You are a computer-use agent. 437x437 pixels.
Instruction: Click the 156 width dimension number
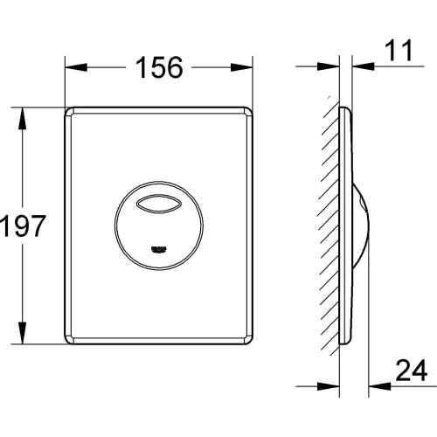[x=159, y=67]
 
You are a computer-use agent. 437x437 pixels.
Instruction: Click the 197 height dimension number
[x=23, y=225]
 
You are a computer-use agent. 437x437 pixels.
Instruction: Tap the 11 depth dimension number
[x=399, y=51]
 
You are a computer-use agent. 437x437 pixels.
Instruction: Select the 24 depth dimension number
[x=412, y=371]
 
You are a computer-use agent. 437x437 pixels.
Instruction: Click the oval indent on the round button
[x=159, y=203]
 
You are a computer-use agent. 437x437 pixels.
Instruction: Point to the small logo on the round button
[x=159, y=249]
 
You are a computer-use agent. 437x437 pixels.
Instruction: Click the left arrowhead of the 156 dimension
[x=76, y=67]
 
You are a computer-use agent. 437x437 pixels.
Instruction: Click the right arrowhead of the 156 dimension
[x=241, y=67]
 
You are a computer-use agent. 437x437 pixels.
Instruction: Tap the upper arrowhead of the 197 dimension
[x=22, y=119]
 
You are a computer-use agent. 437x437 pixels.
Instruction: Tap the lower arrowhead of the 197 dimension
[x=22, y=333]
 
